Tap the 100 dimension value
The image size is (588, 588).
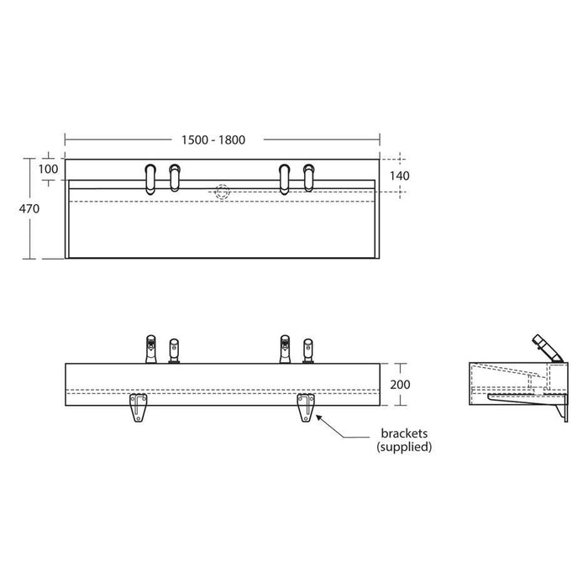49,170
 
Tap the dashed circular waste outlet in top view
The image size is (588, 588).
223,192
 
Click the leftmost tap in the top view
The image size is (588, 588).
151,177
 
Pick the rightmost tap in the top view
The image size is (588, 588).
310,177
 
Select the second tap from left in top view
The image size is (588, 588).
175,176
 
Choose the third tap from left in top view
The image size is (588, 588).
286,177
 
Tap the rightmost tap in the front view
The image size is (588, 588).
309,349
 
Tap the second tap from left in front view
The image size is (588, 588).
174,349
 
